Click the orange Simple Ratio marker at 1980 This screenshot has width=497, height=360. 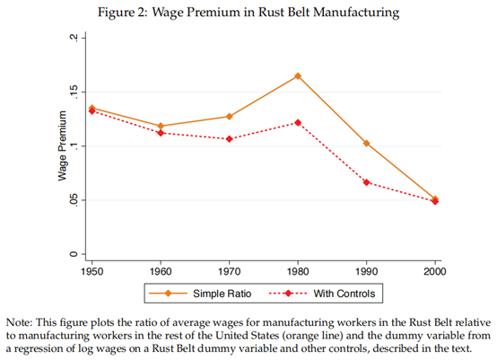[x=298, y=76]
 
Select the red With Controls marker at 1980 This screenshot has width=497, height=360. [x=298, y=123]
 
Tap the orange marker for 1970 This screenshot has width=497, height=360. [x=229, y=117]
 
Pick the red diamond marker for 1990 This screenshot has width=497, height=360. [x=366, y=182]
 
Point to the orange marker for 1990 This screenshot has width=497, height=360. [x=366, y=144]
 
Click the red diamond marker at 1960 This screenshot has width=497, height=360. [x=161, y=133]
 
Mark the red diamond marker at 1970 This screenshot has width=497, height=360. [x=229, y=139]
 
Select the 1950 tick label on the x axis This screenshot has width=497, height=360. [x=92, y=271]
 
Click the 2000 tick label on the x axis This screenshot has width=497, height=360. [x=435, y=271]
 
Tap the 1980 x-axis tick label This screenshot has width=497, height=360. [x=298, y=271]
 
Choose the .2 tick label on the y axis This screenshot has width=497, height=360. [x=74, y=38]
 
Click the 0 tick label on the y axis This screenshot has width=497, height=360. [x=74, y=254]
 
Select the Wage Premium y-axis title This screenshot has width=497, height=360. [x=63, y=146]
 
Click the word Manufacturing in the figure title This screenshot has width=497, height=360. [x=356, y=13]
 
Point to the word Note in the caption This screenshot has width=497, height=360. [x=19, y=322]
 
